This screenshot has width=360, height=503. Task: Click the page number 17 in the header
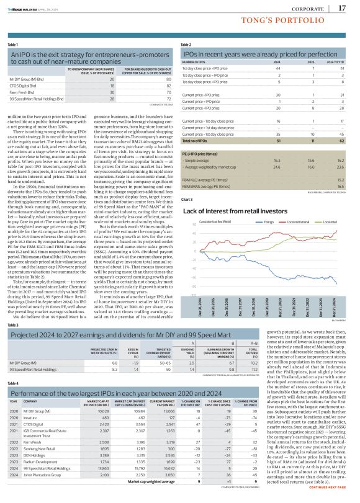point(342,8)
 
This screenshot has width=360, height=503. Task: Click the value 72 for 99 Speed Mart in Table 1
point(169,99)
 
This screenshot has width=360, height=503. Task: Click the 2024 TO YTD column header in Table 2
point(336,63)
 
